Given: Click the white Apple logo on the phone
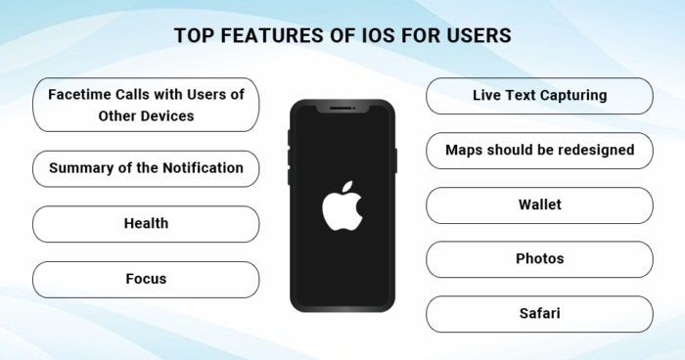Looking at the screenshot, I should point(342,205).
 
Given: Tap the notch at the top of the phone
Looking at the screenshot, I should point(342,108).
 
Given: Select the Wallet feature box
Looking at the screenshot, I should point(539,205).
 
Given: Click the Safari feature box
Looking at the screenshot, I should point(539,314).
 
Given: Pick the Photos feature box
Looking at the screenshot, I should point(539,259).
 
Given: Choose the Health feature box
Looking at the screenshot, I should point(146,223).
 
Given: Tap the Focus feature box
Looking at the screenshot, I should point(146,279).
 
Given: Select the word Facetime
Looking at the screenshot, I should point(82,96).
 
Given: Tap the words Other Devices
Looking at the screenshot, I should point(146,115).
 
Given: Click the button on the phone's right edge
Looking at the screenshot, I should point(395,160).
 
